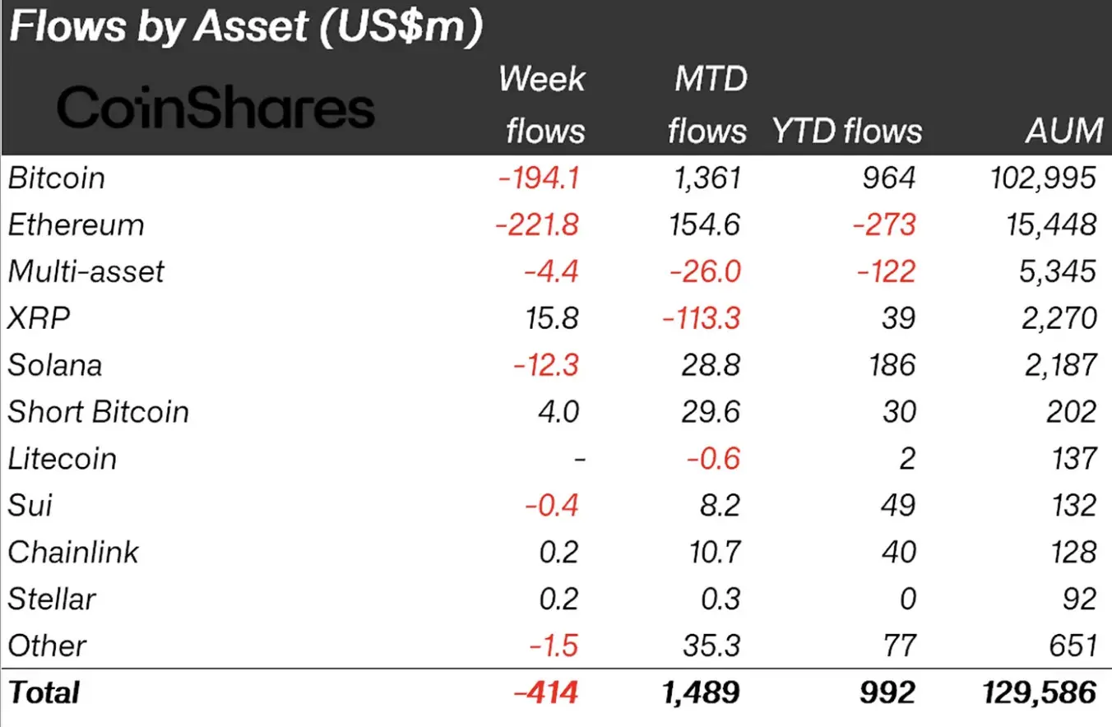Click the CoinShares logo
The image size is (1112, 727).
click(x=215, y=108)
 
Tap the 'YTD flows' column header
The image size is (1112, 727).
click(x=846, y=131)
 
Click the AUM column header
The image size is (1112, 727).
click(x=1063, y=131)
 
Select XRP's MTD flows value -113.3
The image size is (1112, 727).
click(x=703, y=318)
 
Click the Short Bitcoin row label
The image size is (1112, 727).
click(x=99, y=412)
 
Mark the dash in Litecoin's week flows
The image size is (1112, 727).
click(x=578, y=459)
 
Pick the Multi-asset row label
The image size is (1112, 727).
click(x=86, y=271)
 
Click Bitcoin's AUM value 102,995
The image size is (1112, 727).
click(x=1040, y=178)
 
